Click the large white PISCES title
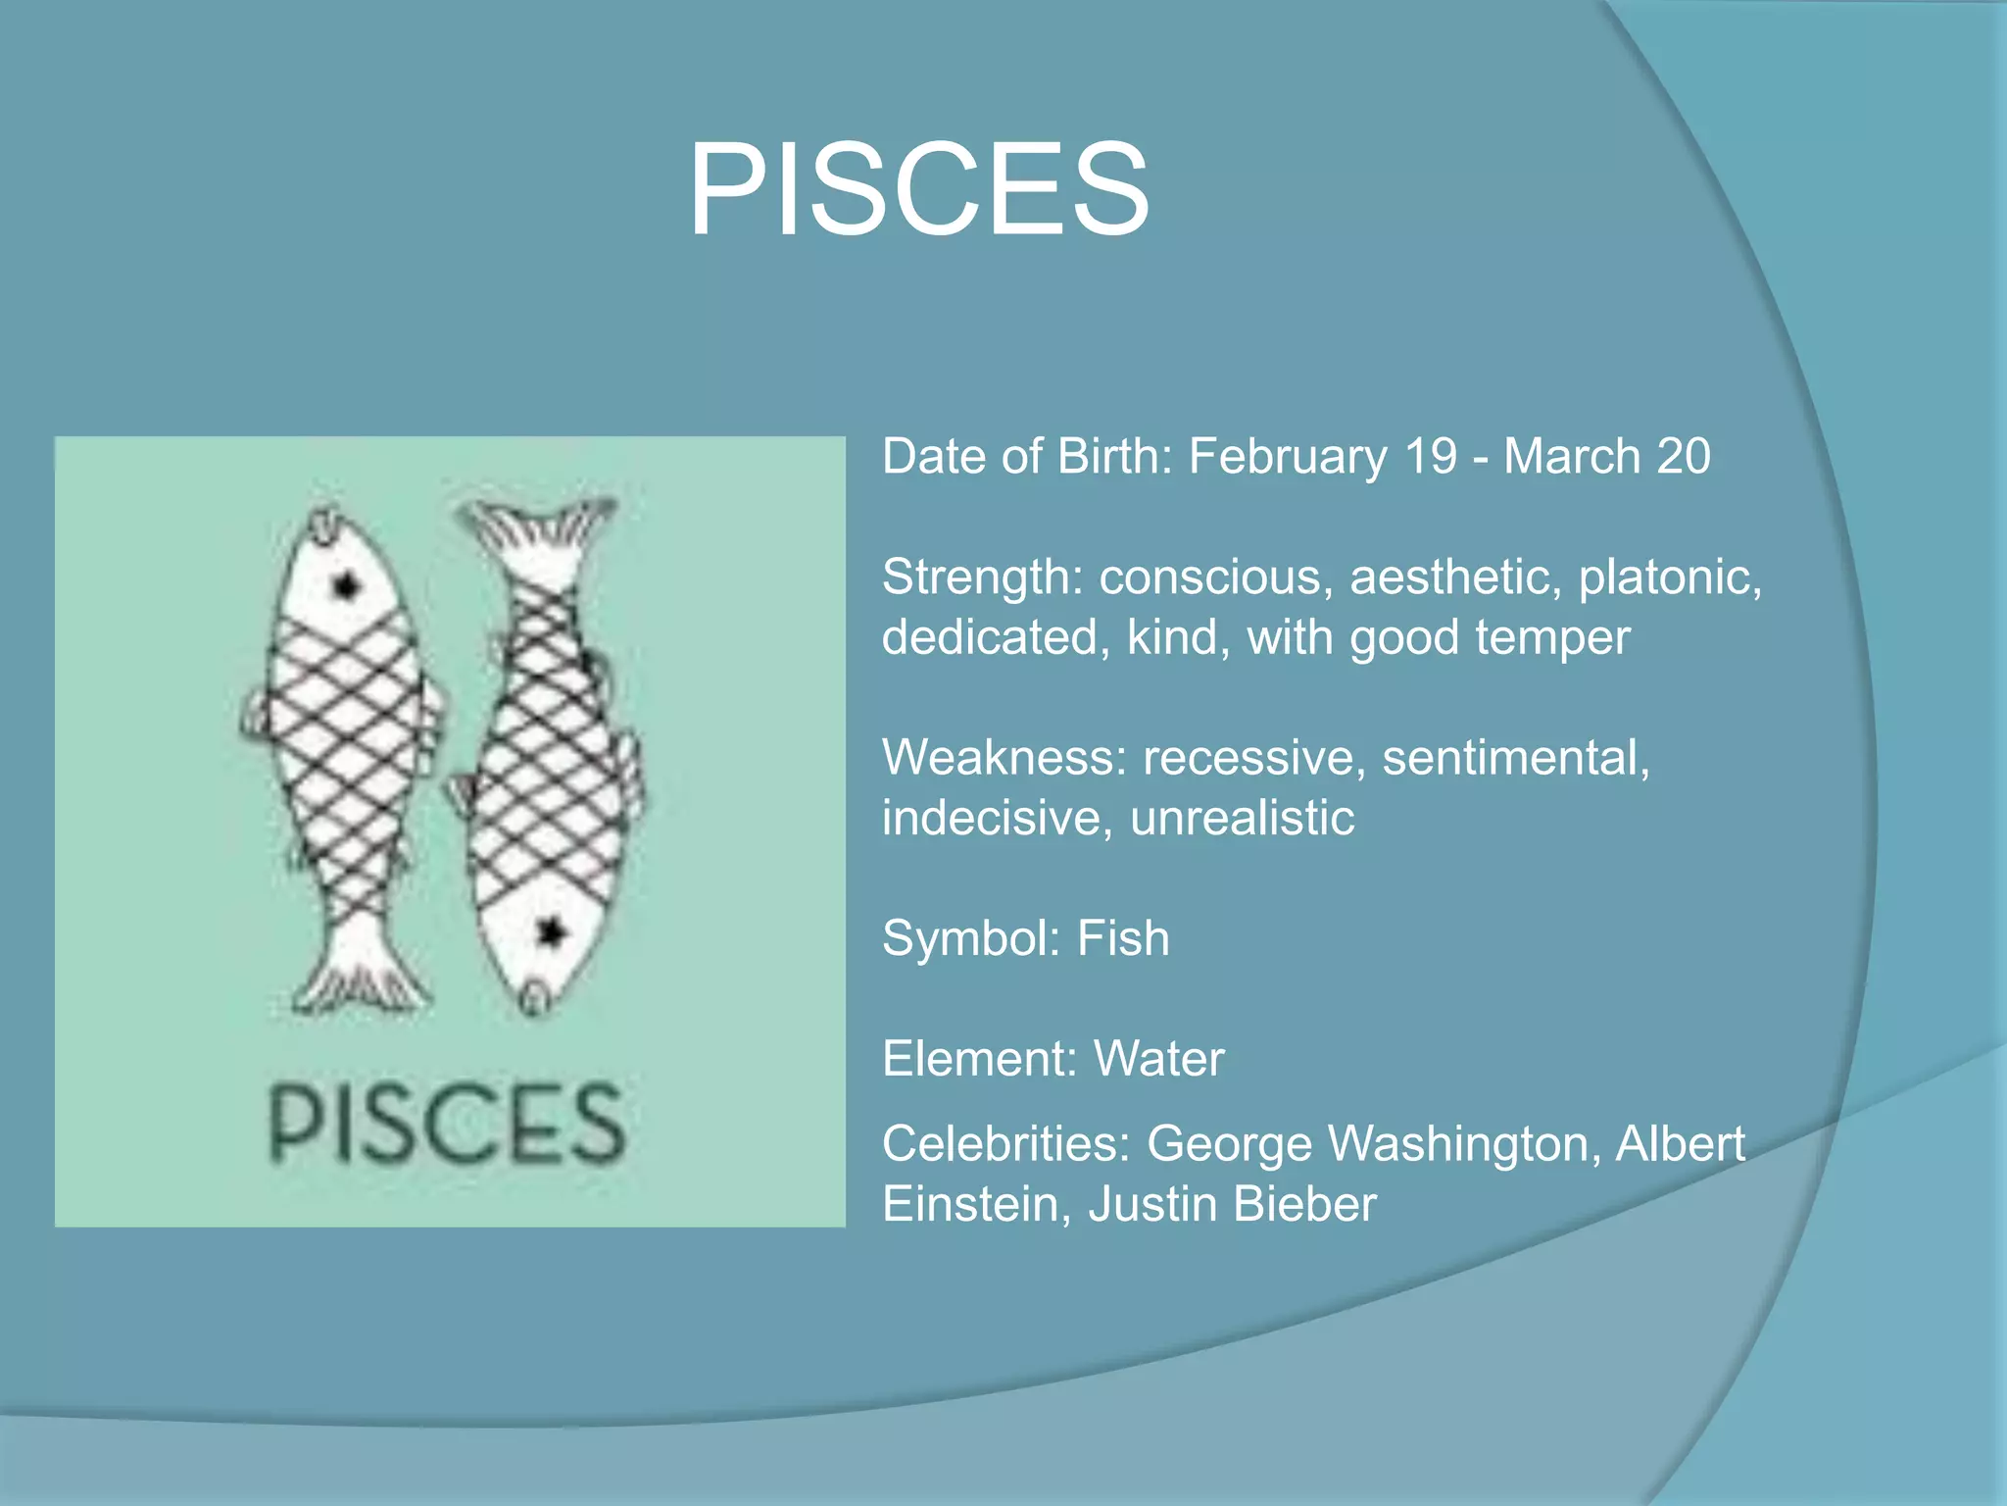click(x=918, y=188)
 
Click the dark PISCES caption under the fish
click(x=447, y=1125)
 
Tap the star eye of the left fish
click(x=346, y=586)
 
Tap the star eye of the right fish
click(x=551, y=930)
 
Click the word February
click(x=1288, y=457)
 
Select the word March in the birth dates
click(x=1572, y=457)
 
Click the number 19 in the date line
click(x=1431, y=457)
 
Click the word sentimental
click(x=1515, y=758)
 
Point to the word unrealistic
click(x=1242, y=819)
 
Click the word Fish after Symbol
click(x=1123, y=939)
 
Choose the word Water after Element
click(x=1158, y=1060)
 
